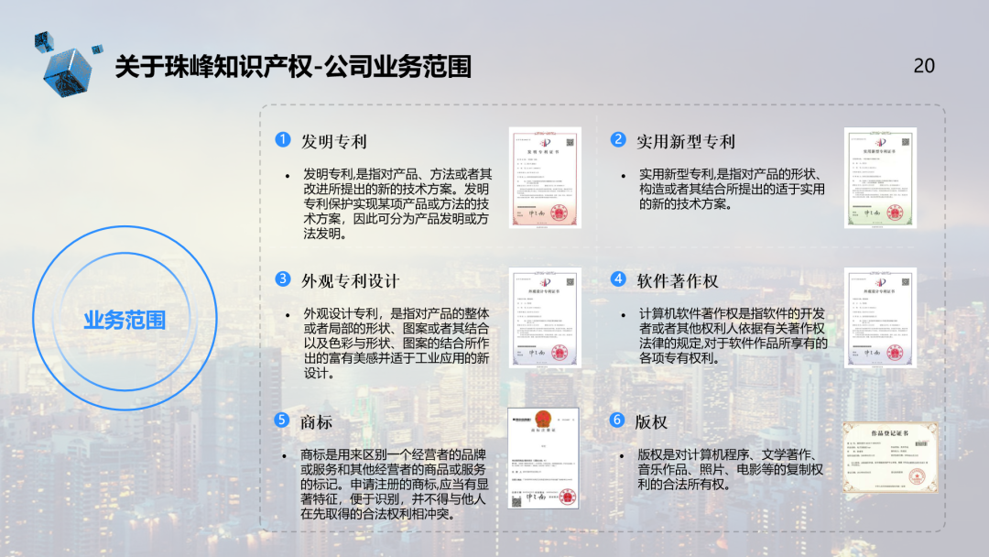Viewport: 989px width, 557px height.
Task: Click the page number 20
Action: point(924,65)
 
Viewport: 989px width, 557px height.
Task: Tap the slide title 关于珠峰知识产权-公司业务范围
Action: point(293,67)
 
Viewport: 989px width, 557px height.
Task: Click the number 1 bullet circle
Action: point(283,140)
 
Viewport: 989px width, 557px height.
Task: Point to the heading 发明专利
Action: point(334,141)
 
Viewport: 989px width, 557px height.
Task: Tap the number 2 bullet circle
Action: point(618,140)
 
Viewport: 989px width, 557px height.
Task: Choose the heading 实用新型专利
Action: point(686,141)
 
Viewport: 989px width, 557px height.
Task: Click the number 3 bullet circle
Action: point(283,279)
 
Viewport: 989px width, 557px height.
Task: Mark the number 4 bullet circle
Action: point(618,279)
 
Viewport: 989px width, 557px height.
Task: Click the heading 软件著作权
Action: point(678,280)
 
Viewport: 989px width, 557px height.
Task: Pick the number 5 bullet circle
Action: point(283,420)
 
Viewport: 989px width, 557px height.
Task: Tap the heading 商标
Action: point(317,421)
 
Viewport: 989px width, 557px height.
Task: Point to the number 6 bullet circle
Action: point(618,420)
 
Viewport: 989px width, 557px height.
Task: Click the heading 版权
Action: point(651,421)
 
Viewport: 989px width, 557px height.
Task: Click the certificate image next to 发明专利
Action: point(545,177)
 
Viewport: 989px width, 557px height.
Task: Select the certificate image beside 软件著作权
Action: point(880,317)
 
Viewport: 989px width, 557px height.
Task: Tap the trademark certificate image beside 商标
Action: point(545,458)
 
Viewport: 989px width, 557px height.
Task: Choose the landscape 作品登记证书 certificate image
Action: point(890,456)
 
